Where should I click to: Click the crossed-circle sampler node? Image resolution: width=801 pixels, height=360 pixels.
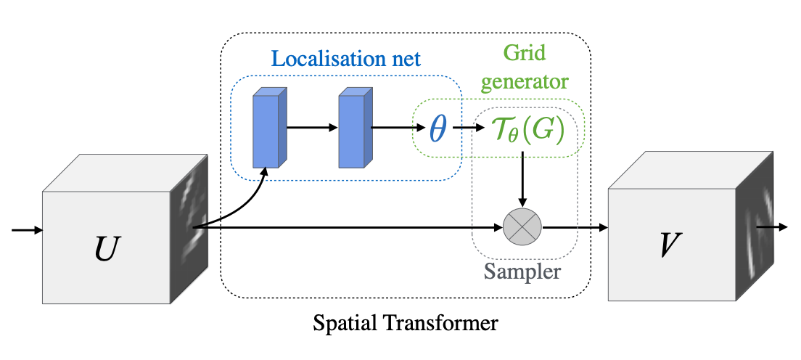pyautogui.click(x=522, y=227)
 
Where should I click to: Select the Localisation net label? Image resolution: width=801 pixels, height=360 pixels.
pyautogui.click(x=345, y=60)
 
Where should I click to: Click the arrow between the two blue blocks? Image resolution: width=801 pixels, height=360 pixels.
pyautogui.click(x=313, y=128)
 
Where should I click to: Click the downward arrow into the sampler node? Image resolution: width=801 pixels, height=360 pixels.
pyautogui.click(x=522, y=178)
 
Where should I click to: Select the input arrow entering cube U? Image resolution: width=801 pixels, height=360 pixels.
pyautogui.click(x=28, y=230)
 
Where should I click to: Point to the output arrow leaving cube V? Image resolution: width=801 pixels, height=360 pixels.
pyautogui.click(x=771, y=227)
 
